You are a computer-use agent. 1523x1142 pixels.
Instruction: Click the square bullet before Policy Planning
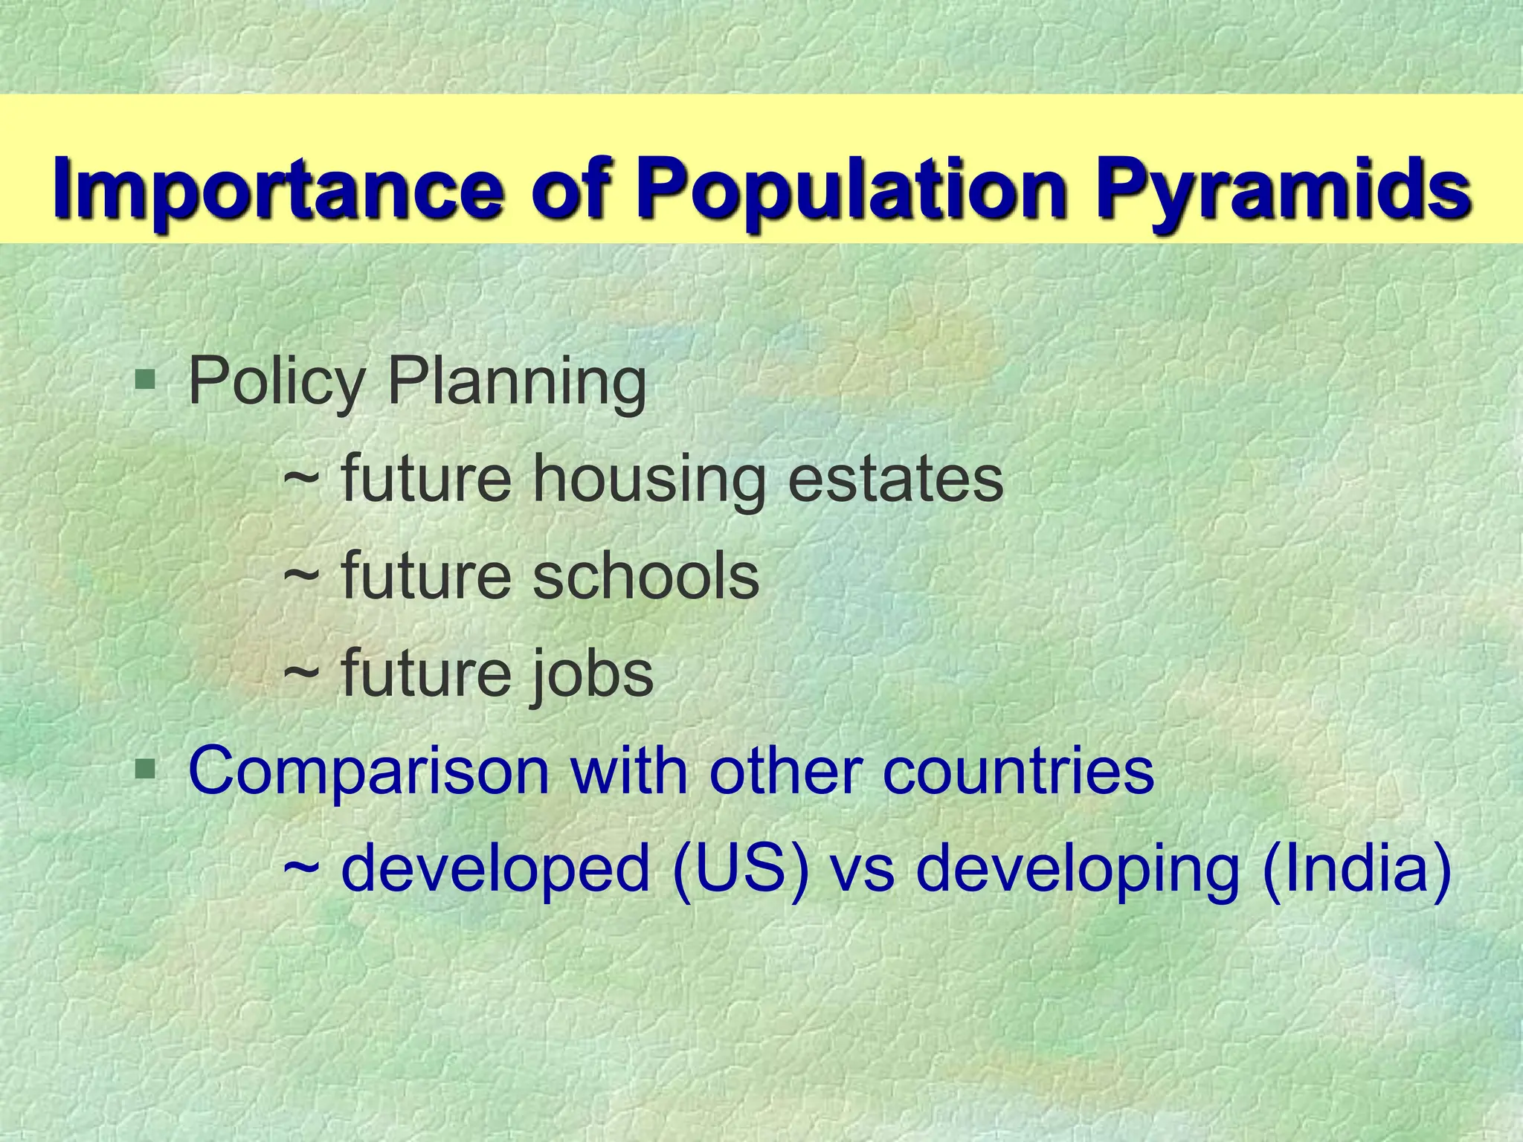145,381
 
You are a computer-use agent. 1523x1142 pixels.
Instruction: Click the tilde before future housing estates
302,480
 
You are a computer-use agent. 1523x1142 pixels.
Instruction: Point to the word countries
1018,771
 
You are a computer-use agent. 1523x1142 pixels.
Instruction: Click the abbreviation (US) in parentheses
741,869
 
